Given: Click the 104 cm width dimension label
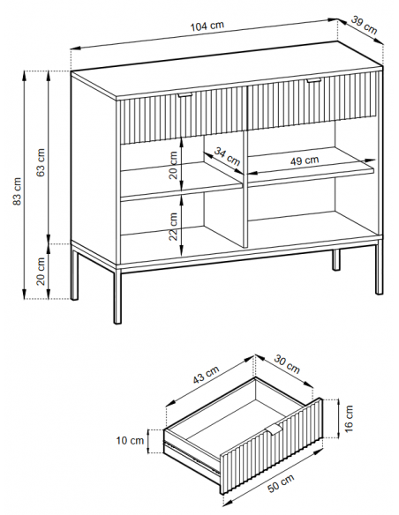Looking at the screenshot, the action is point(207,26).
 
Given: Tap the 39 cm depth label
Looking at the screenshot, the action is point(365,25).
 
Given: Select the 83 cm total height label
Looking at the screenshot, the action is point(17,191).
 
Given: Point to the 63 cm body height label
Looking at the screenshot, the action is point(41,162).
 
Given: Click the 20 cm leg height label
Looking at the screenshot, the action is point(41,272).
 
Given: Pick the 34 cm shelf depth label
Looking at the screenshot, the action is point(227,156).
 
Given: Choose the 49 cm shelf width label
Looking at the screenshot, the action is point(305,160).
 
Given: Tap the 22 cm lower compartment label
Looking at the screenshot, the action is point(173,227).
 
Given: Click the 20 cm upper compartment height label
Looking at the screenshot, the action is point(173,165).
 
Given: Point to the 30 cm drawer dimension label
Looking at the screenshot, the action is point(287,364).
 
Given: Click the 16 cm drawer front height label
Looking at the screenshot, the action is point(349,418).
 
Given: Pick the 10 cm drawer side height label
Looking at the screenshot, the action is point(130,440).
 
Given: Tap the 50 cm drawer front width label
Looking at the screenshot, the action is point(281,483).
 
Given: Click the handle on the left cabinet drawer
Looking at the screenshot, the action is point(185,95).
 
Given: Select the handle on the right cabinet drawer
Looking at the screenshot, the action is point(314,80).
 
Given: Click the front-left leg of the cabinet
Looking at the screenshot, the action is point(117,295).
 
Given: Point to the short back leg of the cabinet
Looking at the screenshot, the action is point(336,260).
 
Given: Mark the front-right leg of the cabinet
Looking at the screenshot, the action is point(379,267).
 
